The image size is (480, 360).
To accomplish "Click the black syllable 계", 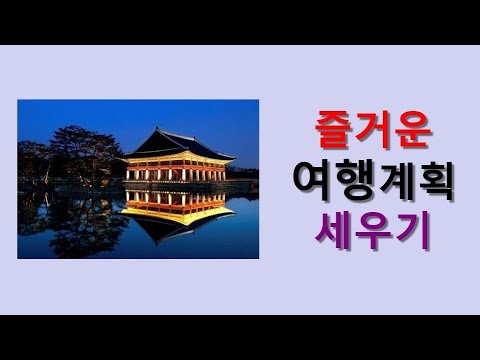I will pos(391,182).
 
